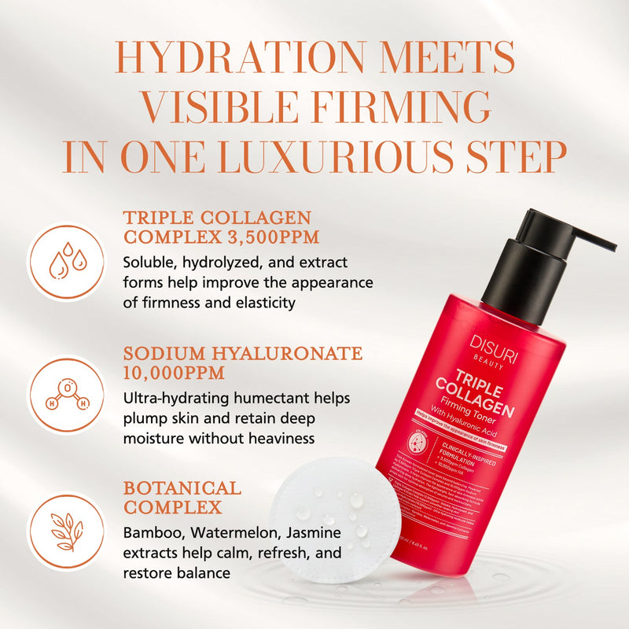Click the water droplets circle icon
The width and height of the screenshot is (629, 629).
pos(66,262)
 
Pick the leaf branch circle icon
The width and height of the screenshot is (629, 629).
pos(66,526)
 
